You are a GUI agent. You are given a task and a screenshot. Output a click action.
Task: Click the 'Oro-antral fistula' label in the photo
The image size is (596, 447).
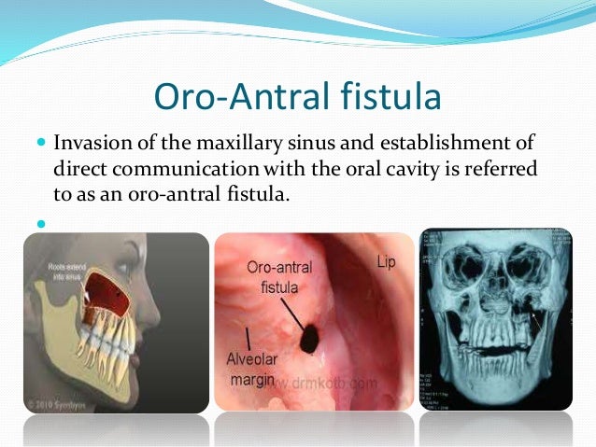(278, 278)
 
